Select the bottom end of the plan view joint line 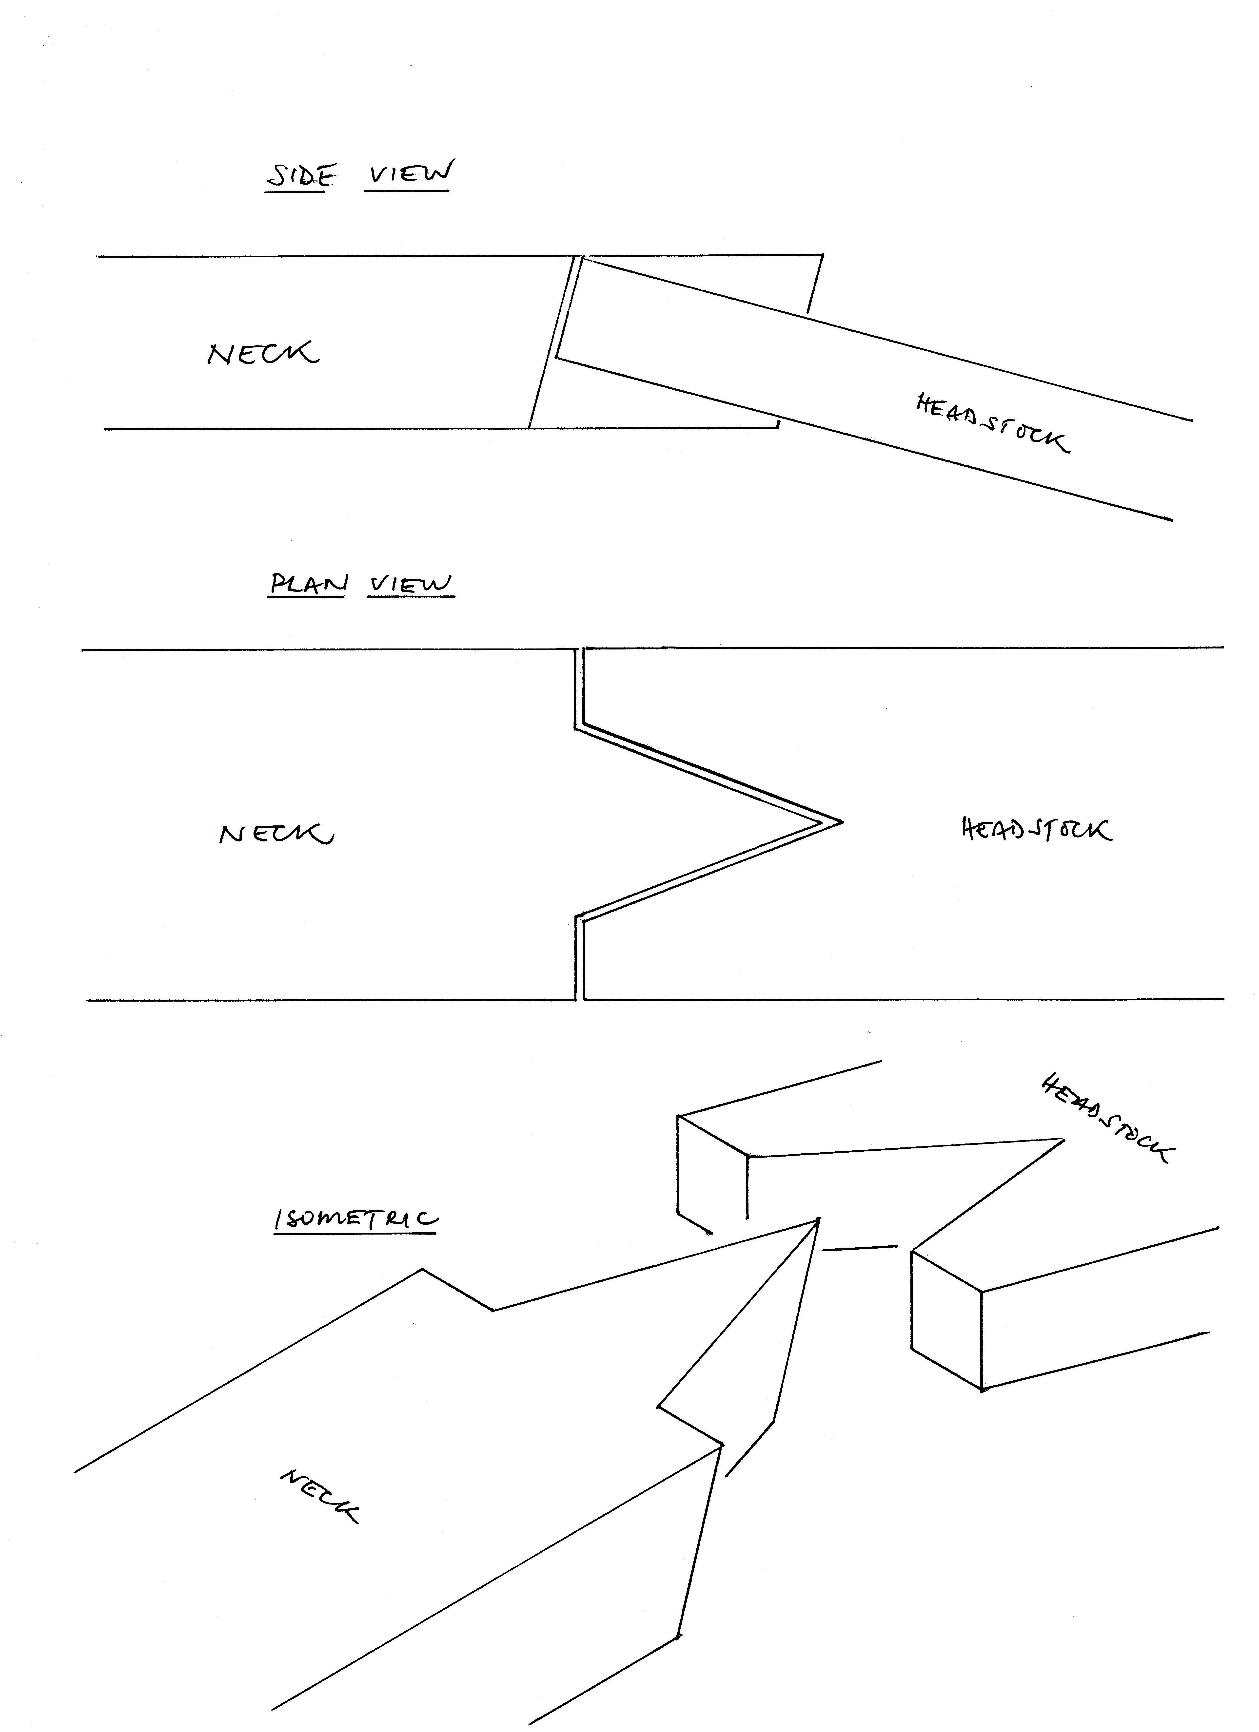(x=579, y=999)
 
